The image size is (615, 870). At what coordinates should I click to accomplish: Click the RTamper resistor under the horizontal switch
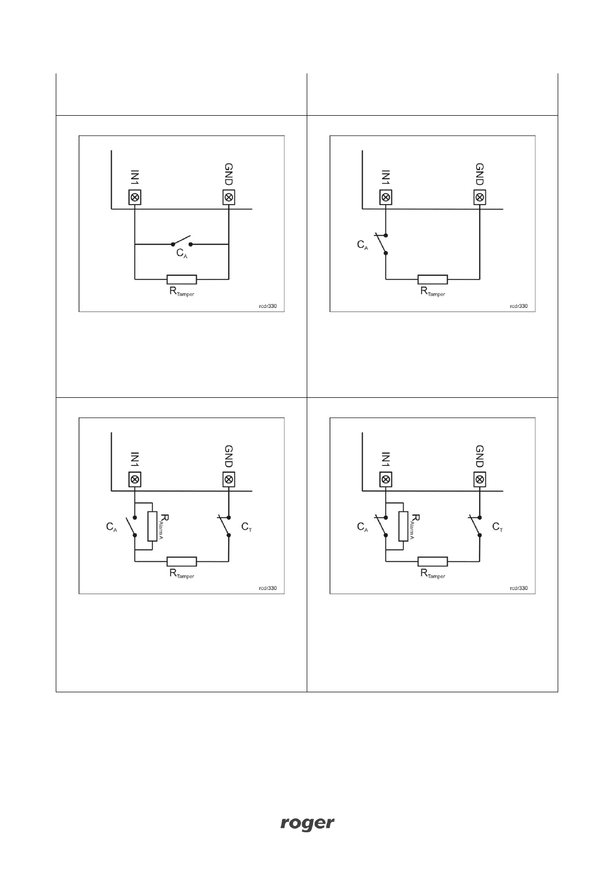coord(181,279)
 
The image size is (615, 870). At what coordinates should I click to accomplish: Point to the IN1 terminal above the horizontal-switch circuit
coord(135,197)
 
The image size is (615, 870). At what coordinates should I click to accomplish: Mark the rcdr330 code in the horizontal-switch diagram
coord(267,306)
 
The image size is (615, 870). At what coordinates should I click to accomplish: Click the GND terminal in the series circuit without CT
coord(480,197)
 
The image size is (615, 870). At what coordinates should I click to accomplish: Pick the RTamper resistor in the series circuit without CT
coord(433,279)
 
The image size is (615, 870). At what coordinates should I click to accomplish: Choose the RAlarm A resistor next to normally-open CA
coord(152,526)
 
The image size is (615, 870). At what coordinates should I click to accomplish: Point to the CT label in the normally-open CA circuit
coord(247,527)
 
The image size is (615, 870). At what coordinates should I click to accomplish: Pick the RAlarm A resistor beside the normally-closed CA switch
coord(403,526)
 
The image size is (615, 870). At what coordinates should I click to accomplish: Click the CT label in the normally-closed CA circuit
coord(498,527)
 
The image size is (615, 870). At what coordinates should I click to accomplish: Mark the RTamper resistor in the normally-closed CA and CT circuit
coord(433,562)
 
